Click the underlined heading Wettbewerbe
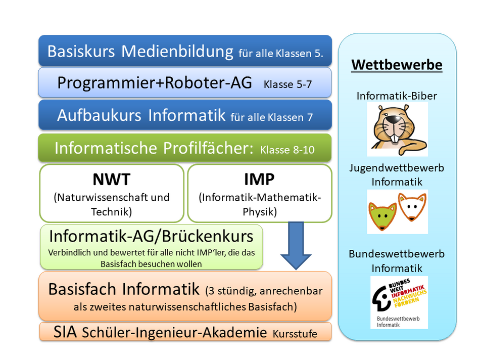[x=397, y=65]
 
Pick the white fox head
[x=412, y=207]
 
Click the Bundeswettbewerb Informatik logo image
[x=399, y=302]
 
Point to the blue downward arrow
[x=296, y=246]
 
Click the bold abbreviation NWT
[x=112, y=179]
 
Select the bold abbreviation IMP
[x=259, y=179]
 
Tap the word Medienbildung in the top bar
[x=177, y=51]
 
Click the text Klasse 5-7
[x=287, y=84]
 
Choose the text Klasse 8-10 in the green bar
[x=287, y=150]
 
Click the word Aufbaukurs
[x=99, y=115]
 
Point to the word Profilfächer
[x=208, y=148]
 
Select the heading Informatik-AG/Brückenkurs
[x=151, y=236]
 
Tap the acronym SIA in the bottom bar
[x=65, y=332]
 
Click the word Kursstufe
[x=295, y=334]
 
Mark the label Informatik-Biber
[x=397, y=96]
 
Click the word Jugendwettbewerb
[x=397, y=168]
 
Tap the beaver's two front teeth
[x=394, y=139]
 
